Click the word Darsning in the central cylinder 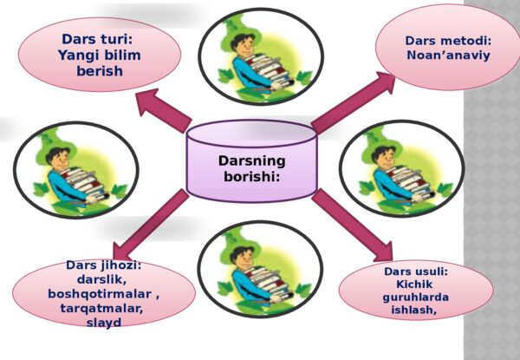click(x=251, y=161)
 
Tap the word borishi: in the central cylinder click(x=251, y=176)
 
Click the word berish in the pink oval click(x=100, y=70)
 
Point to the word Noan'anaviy click(x=448, y=55)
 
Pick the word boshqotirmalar click(x=100, y=294)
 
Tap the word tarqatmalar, click(x=101, y=308)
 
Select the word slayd click(x=103, y=323)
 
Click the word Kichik click(x=414, y=285)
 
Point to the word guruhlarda click(x=415, y=298)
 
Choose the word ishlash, click(x=413, y=310)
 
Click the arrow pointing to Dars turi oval click(x=164, y=110)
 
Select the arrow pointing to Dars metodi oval click(x=354, y=103)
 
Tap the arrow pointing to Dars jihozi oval click(x=151, y=225)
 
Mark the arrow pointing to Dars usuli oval click(x=352, y=225)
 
